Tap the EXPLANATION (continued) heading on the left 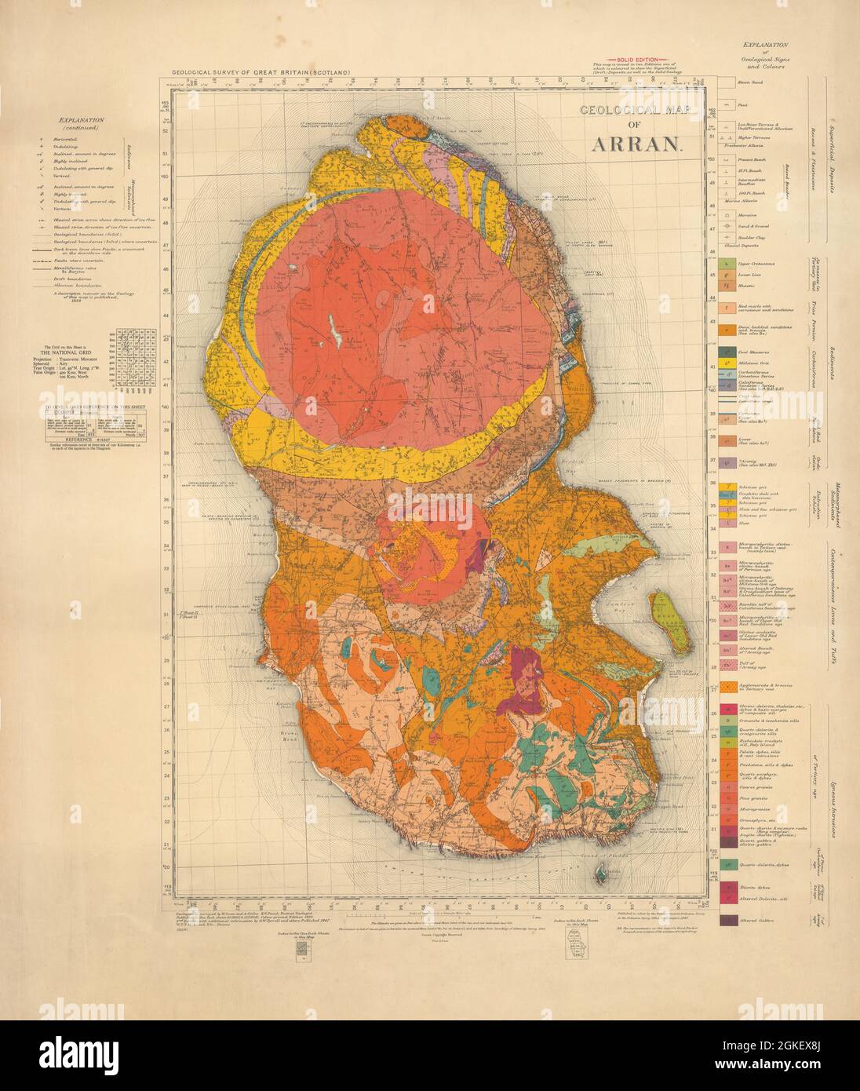pyautogui.click(x=82, y=124)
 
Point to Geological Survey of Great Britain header pyautogui.click(x=256, y=72)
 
